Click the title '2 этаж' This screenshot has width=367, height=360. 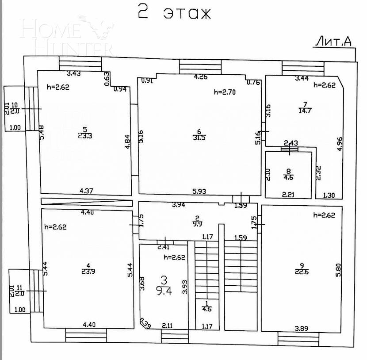(x=174, y=13)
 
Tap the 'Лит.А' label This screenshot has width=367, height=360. (x=333, y=42)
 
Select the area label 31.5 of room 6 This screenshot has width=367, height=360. (x=199, y=138)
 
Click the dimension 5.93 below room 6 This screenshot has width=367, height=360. (x=199, y=191)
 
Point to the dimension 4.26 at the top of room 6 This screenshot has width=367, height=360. (x=201, y=77)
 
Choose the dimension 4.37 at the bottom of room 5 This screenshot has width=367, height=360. (x=88, y=191)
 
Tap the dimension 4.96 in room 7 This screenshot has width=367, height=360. (x=340, y=145)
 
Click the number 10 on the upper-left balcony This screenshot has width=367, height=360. (x=15, y=105)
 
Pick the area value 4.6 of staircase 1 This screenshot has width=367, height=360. (x=206, y=309)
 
